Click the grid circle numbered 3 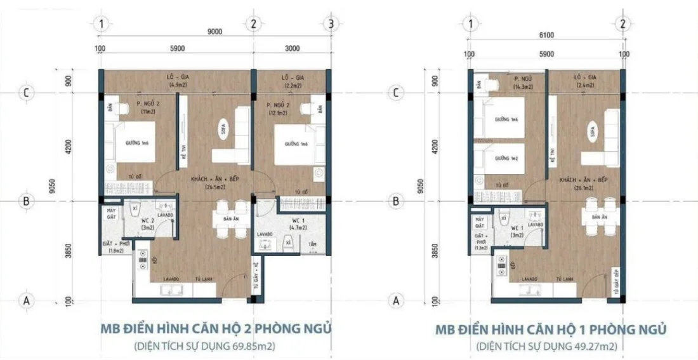pyautogui.click(x=330, y=25)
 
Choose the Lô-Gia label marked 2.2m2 pyautogui.click(x=291, y=80)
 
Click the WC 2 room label pyautogui.click(x=147, y=223)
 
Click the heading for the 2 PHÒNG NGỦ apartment pyautogui.click(x=216, y=330)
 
